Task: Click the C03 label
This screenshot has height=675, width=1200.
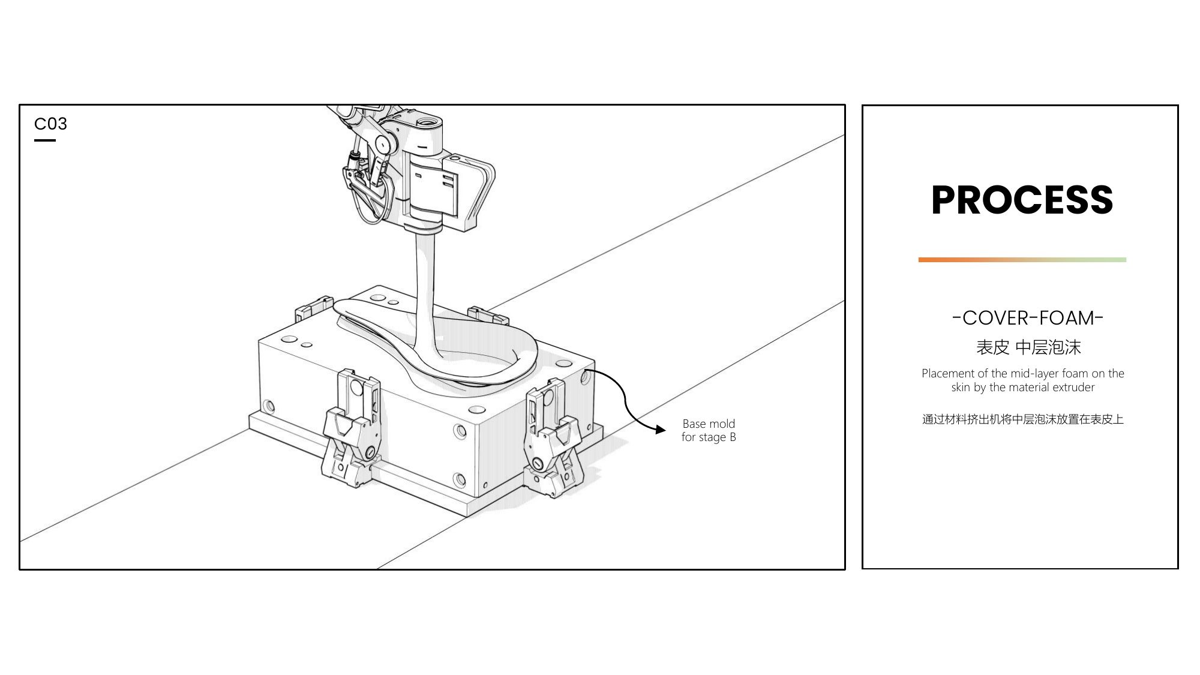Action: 50,124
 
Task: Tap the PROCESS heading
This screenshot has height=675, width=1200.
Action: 1022,200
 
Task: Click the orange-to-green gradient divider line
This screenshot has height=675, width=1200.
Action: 1022,260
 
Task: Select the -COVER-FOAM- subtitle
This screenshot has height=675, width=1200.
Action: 1028,317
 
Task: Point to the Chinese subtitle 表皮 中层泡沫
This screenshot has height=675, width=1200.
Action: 1028,347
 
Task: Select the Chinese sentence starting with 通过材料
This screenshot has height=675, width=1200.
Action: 1022,419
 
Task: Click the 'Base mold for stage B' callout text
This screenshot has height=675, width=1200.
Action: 709,430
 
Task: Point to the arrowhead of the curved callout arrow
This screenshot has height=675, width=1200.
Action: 661,430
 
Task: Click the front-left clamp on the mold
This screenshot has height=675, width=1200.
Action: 352,430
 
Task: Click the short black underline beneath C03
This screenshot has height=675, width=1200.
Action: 45,140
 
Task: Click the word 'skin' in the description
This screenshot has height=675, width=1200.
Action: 961,388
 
